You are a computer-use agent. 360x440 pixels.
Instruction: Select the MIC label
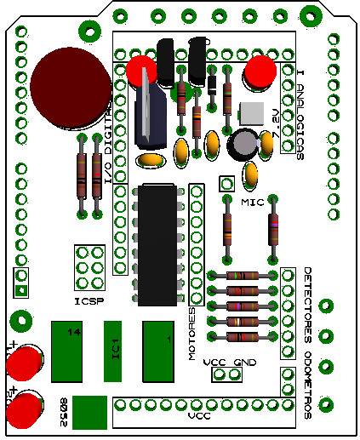(x=253, y=203)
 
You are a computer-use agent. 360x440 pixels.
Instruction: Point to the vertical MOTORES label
(x=192, y=334)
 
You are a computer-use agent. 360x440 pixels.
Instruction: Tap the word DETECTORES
(x=308, y=297)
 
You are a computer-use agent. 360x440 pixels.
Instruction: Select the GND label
(x=244, y=362)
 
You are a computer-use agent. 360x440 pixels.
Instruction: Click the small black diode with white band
(x=211, y=83)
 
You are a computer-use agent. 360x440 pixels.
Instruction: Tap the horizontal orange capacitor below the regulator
(x=150, y=159)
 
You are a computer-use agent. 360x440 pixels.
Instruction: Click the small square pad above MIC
(x=226, y=184)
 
